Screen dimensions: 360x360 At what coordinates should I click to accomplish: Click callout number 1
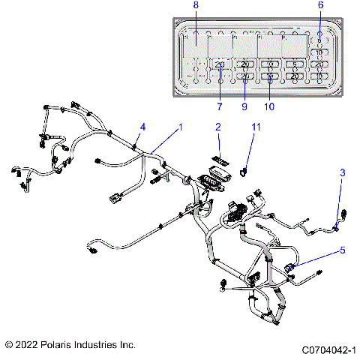tap(180, 128)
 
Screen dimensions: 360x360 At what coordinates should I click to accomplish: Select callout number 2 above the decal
tap(218, 128)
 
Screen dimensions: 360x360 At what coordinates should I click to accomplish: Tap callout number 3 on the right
tap(343, 173)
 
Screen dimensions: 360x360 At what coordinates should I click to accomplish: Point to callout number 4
tap(143, 127)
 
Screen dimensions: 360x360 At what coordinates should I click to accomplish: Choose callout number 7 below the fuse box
tap(219, 106)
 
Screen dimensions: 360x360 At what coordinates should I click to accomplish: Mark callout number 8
tap(196, 5)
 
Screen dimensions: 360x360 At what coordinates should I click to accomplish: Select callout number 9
tap(244, 106)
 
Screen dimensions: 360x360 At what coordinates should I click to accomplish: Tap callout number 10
tap(269, 106)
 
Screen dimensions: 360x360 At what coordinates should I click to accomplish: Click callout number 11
tap(255, 128)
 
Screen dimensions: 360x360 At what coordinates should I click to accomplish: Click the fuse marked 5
tap(295, 64)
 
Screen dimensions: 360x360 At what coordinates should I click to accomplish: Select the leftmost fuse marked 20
tap(220, 65)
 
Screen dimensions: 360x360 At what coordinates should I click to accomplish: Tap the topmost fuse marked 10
tap(319, 52)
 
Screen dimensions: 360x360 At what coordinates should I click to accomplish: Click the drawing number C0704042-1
tap(328, 349)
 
